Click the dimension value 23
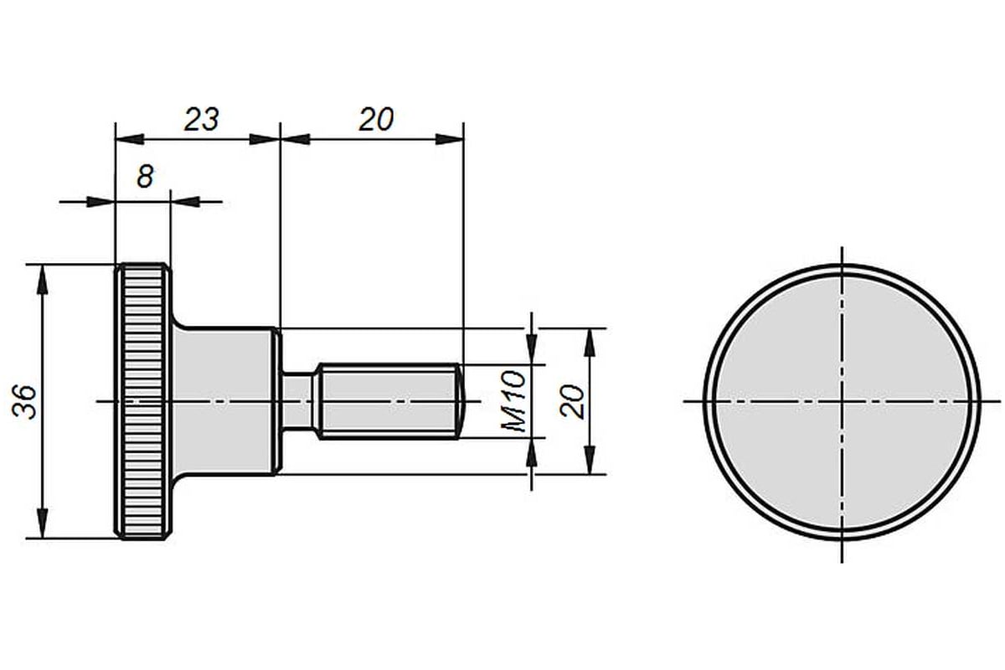click(202, 120)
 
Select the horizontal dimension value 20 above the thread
click(376, 120)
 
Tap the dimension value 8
click(145, 177)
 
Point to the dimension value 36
click(24, 402)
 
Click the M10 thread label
click(513, 401)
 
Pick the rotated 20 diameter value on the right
click(573, 401)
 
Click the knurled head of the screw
click(142, 402)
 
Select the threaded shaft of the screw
click(389, 401)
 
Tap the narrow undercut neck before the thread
click(297, 401)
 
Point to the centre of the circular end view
click(842, 401)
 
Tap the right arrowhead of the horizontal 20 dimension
click(449, 140)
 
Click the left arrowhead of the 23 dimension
click(130, 140)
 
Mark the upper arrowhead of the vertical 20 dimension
click(590, 343)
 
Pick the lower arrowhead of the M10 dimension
click(532, 452)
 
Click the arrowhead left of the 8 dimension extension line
click(100, 202)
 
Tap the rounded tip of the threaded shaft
click(461, 401)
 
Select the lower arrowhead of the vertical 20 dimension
click(590, 460)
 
